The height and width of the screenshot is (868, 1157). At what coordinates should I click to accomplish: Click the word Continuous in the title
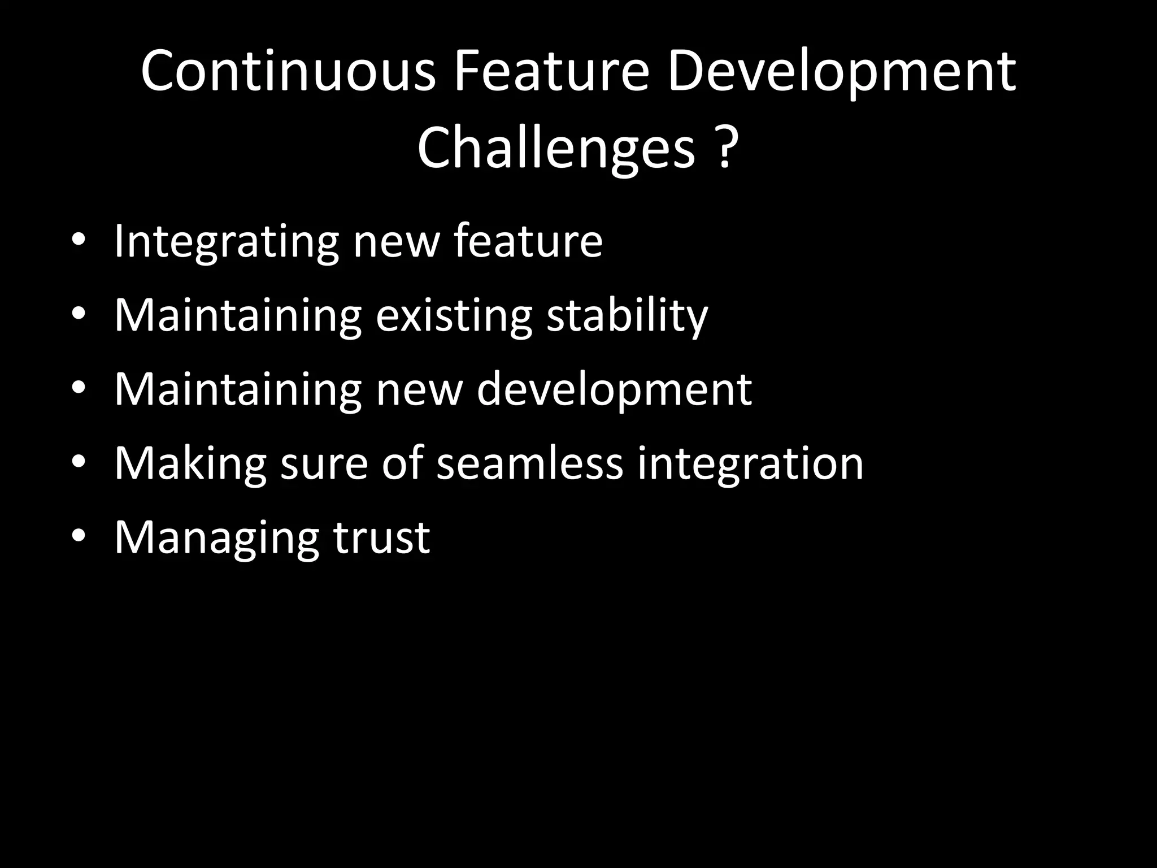coord(288,72)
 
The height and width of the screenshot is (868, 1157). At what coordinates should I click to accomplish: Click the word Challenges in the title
coord(556,148)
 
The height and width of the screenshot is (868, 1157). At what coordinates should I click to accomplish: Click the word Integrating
coord(227,242)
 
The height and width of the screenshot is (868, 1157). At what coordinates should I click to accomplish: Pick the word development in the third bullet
coord(614,390)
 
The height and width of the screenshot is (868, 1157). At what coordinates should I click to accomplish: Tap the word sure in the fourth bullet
coord(324,464)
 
